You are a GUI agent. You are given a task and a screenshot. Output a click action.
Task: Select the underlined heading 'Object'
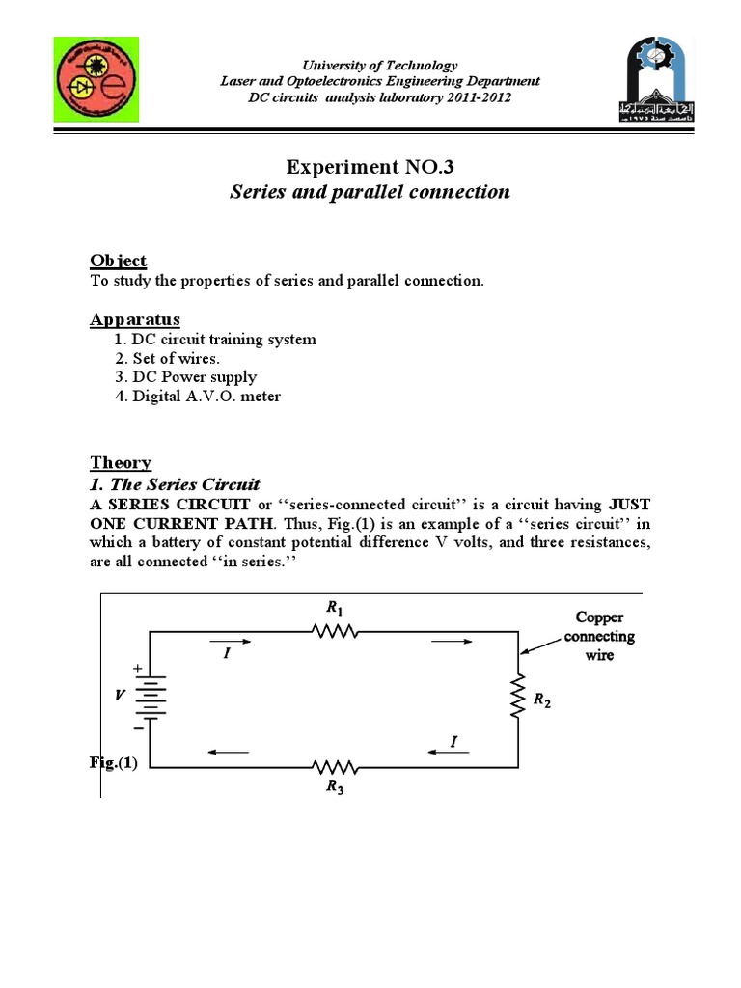click(x=119, y=261)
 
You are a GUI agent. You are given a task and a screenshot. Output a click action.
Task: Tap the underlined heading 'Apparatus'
click(x=135, y=319)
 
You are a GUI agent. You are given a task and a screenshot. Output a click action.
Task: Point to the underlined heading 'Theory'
click(x=121, y=462)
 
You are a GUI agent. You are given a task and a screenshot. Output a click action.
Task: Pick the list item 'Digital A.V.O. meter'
click(x=198, y=397)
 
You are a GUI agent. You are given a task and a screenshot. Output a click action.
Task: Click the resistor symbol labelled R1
click(x=335, y=632)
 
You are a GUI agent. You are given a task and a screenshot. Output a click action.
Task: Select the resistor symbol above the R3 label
click(x=335, y=767)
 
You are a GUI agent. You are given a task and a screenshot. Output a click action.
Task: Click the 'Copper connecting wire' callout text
click(x=599, y=636)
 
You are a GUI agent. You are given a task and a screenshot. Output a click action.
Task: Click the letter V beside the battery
click(x=121, y=695)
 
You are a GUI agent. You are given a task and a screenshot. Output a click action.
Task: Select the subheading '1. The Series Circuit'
click(x=176, y=483)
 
